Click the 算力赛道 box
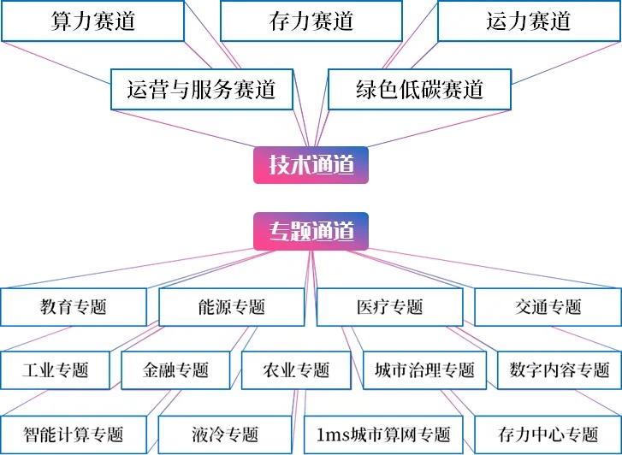click(92, 21)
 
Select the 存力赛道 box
click(311, 21)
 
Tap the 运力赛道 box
click(529, 21)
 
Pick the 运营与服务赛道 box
click(201, 89)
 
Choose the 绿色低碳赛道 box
click(419, 89)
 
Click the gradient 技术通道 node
click(311, 164)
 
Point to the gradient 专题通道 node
click(311, 231)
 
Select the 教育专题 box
click(73, 307)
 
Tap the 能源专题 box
click(231, 307)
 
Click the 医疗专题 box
click(389, 307)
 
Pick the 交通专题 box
click(548, 307)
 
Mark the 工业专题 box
click(56, 370)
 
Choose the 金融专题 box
click(175, 370)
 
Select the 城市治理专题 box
click(424, 370)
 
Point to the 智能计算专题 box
click(74, 434)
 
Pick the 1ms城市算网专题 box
click(382, 434)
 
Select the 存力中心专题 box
click(548, 434)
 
